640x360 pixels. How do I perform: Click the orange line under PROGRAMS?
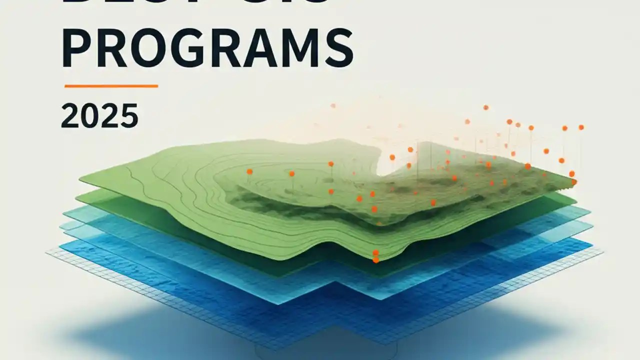click(111, 86)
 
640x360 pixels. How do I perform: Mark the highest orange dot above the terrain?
click(485, 107)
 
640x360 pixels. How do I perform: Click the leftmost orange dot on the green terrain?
click(249, 171)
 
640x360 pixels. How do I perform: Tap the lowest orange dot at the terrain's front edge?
click(375, 259)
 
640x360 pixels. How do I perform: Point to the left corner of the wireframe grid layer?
click(47, 253)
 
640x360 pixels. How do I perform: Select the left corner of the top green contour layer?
click(80, 177)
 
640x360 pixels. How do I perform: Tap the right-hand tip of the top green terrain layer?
click(575, 182)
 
